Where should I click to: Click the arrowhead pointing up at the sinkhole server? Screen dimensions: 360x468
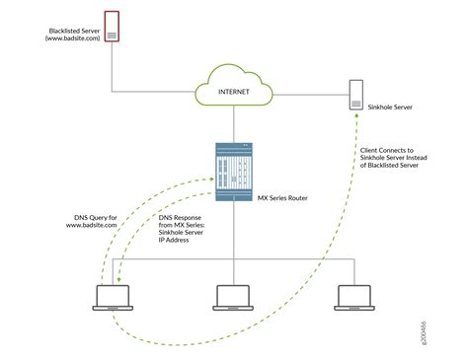[356, 118]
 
